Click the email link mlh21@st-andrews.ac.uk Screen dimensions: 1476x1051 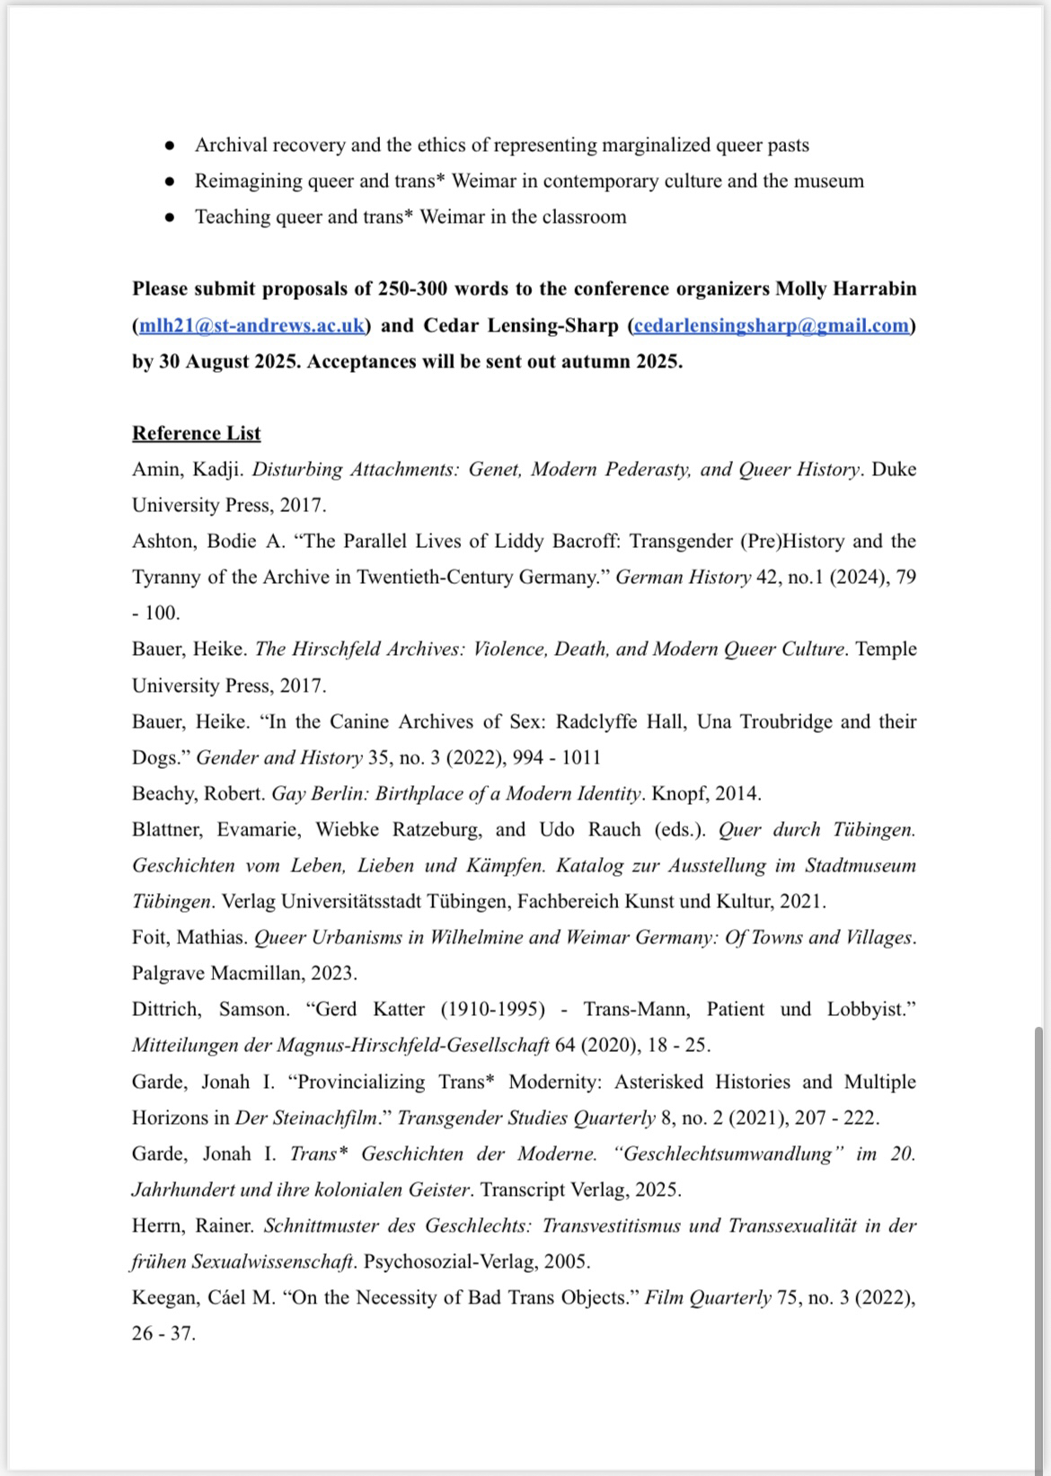tap(252, 325)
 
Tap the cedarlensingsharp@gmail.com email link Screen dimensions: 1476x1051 tap(772, 325)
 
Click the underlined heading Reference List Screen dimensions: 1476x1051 tap(196, 433)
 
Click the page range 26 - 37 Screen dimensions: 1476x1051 tap(163, 1333)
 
